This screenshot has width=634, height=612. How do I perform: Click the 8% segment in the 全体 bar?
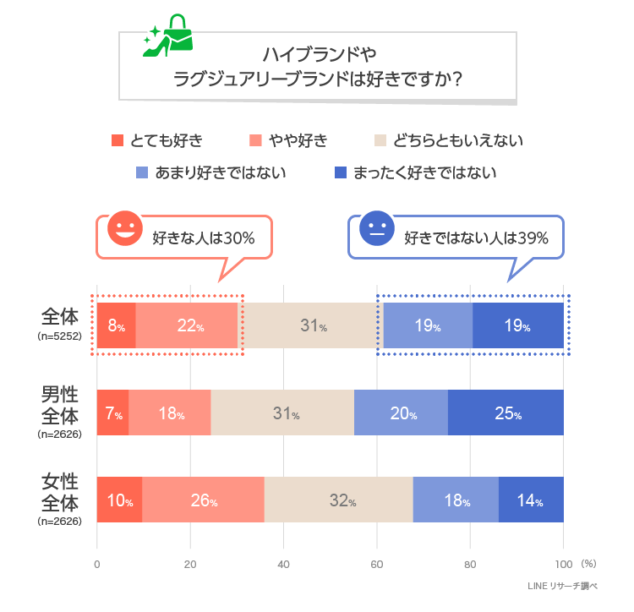pos(117,325)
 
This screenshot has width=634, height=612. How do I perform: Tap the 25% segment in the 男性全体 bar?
pos(506,413)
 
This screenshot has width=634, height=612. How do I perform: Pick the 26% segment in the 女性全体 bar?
pos(204,500)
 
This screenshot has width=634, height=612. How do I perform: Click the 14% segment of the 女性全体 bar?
pos(530,500)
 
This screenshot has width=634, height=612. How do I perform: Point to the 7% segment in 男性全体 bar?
pos(113,413)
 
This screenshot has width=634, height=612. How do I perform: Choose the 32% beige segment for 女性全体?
pos(339,500)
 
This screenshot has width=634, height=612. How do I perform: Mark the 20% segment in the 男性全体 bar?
pos(401,413)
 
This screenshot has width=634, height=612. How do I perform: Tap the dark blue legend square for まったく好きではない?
pos(341,173)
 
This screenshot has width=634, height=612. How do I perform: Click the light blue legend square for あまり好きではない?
pos(142,173)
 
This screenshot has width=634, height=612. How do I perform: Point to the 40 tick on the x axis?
pos(284,564)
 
